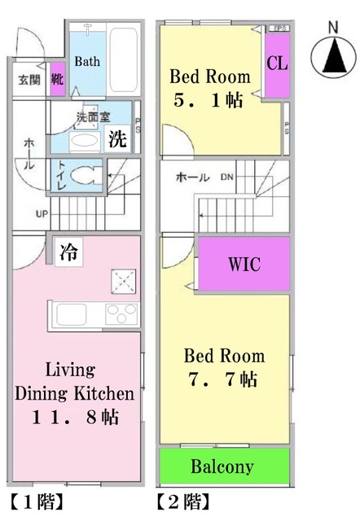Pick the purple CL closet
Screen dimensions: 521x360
[276, 63]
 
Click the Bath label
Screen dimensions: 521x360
[87, 61]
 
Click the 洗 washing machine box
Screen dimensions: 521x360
[119, 139]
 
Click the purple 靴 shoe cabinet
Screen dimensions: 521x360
[58, 80]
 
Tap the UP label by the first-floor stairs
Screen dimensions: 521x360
[41, 215]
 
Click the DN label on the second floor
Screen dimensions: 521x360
[230, 177]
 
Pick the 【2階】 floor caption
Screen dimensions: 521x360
[185, 501]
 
